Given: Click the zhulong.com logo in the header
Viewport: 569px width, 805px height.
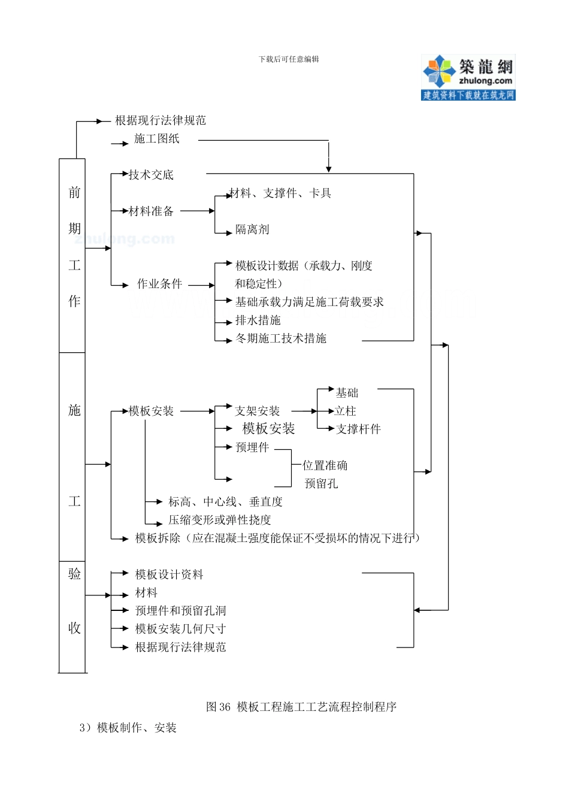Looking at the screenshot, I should (x=468, y=77).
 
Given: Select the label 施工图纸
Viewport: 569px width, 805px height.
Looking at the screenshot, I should (x=157, y=139).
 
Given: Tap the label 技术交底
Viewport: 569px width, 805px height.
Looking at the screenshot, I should (x=151, y=175).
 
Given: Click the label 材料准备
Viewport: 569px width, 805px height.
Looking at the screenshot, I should (x=151, y=211).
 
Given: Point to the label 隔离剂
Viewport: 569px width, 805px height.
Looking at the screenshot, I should (x=252, y=229).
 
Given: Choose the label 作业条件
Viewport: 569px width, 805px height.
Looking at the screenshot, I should (x=159, y=284).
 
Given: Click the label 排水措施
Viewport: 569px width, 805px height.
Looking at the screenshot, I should (x=258, y=320).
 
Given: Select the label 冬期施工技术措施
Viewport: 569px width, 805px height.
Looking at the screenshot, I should (x=281, y=338).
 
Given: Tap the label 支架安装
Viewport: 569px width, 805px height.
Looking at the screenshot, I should (x=258, y=411).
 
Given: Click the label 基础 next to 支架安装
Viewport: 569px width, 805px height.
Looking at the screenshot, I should (x=347, y=393).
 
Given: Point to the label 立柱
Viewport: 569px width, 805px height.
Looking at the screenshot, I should (x=346, y=411).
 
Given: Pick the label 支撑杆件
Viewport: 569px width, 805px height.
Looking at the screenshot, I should (x=358, y=429).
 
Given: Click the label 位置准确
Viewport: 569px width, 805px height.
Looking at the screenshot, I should (x=325, y=465).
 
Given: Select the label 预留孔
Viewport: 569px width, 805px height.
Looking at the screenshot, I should (x=322, y=483).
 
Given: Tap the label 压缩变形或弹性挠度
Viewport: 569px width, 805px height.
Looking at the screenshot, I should (x=220, y=520).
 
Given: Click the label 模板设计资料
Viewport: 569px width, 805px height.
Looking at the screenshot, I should (x=170, y=574).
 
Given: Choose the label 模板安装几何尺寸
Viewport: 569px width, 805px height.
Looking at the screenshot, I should (x=180, y=629).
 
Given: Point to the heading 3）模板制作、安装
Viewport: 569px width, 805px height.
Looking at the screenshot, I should (x=128, y=728).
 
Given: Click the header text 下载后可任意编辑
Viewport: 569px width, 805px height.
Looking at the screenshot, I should (x=289, y=59).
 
